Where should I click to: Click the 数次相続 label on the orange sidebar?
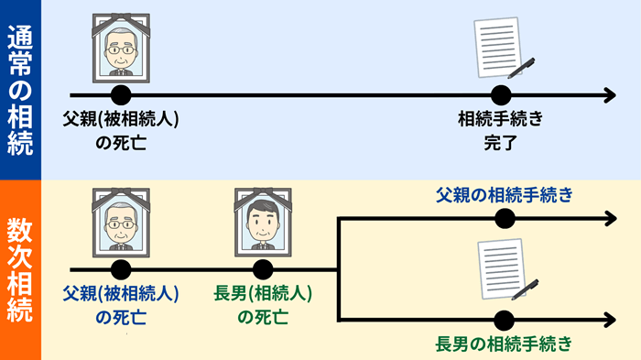(x=19, y=271)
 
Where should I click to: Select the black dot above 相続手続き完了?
(x=500, y=95)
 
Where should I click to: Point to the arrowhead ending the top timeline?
(x=608, y=95)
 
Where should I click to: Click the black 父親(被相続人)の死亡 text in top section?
(x=120, y=131)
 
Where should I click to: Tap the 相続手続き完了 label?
(x=501, y=131)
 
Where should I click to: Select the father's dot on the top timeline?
(x=120, y=95)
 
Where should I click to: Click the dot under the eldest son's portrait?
(x=263, y=269)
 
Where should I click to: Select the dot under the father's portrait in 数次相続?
(x=120, y=269)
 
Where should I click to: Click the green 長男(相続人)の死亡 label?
(x=263, y=306)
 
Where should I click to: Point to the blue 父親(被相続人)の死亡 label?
(x=120, y=306)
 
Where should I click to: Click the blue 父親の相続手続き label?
(x=505, y=194)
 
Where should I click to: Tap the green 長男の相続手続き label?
(x=505, y=344)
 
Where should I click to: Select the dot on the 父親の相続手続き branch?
(x=503, y=218)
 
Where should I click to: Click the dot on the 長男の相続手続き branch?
(x=503, y=320)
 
